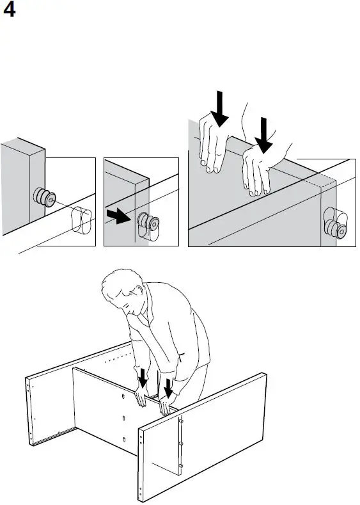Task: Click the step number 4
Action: pyautogui.click(x=9, y=10)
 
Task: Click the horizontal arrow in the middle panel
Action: pyautogui.click(x=118, y=216)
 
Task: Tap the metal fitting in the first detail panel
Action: pyautogui.click(x=44, y=196)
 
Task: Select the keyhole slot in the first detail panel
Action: pyautogui.click(x=81, y=220)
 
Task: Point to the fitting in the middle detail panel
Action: pyautogui.click(x=148, y=221)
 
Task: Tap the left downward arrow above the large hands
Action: pyautogui.click(x=220, y=109)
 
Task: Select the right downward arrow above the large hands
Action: pyautogui.click(x=264, y=135)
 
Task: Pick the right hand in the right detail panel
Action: pyautogui.click(x=261, y=169)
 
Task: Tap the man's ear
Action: pyautogui.click(x=139, y=291)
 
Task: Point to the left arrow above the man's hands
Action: pyautogui.click(x=143, y=378)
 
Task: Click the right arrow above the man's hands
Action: pyautogui.click(x=168, y=388)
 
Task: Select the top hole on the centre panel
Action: pyautogui.click(x=123, y=396)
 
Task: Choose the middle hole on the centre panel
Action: pyautogui.click(x=124, y=419)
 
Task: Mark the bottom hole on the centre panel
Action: pyautogui.click(x=124, y=440)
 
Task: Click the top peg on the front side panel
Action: pyautogui.click(x=180, y=421)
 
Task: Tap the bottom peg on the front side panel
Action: pyautogui.click(x=180, y=466)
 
